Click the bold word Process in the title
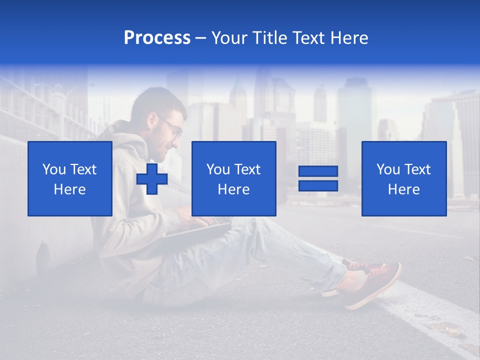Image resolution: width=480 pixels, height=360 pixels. [x=157, y=38]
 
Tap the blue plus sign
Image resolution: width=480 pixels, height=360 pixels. [x=152, y=179]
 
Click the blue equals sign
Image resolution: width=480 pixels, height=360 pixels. [x=318, y=178]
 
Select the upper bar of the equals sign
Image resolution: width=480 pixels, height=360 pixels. [x=318, y=171]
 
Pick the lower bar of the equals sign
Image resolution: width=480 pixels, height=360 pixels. [x=318, y=185]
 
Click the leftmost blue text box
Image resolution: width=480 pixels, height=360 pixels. [x=70, y=178]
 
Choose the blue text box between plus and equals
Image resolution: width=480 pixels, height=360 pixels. [x=233, y=178]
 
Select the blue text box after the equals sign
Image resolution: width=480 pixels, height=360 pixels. [x=403, y=178]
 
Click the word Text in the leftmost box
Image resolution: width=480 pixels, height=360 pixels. [x=83, y=169]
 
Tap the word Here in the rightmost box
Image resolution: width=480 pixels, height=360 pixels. [x=403, y=189]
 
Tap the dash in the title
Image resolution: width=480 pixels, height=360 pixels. [x=201, y=38]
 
